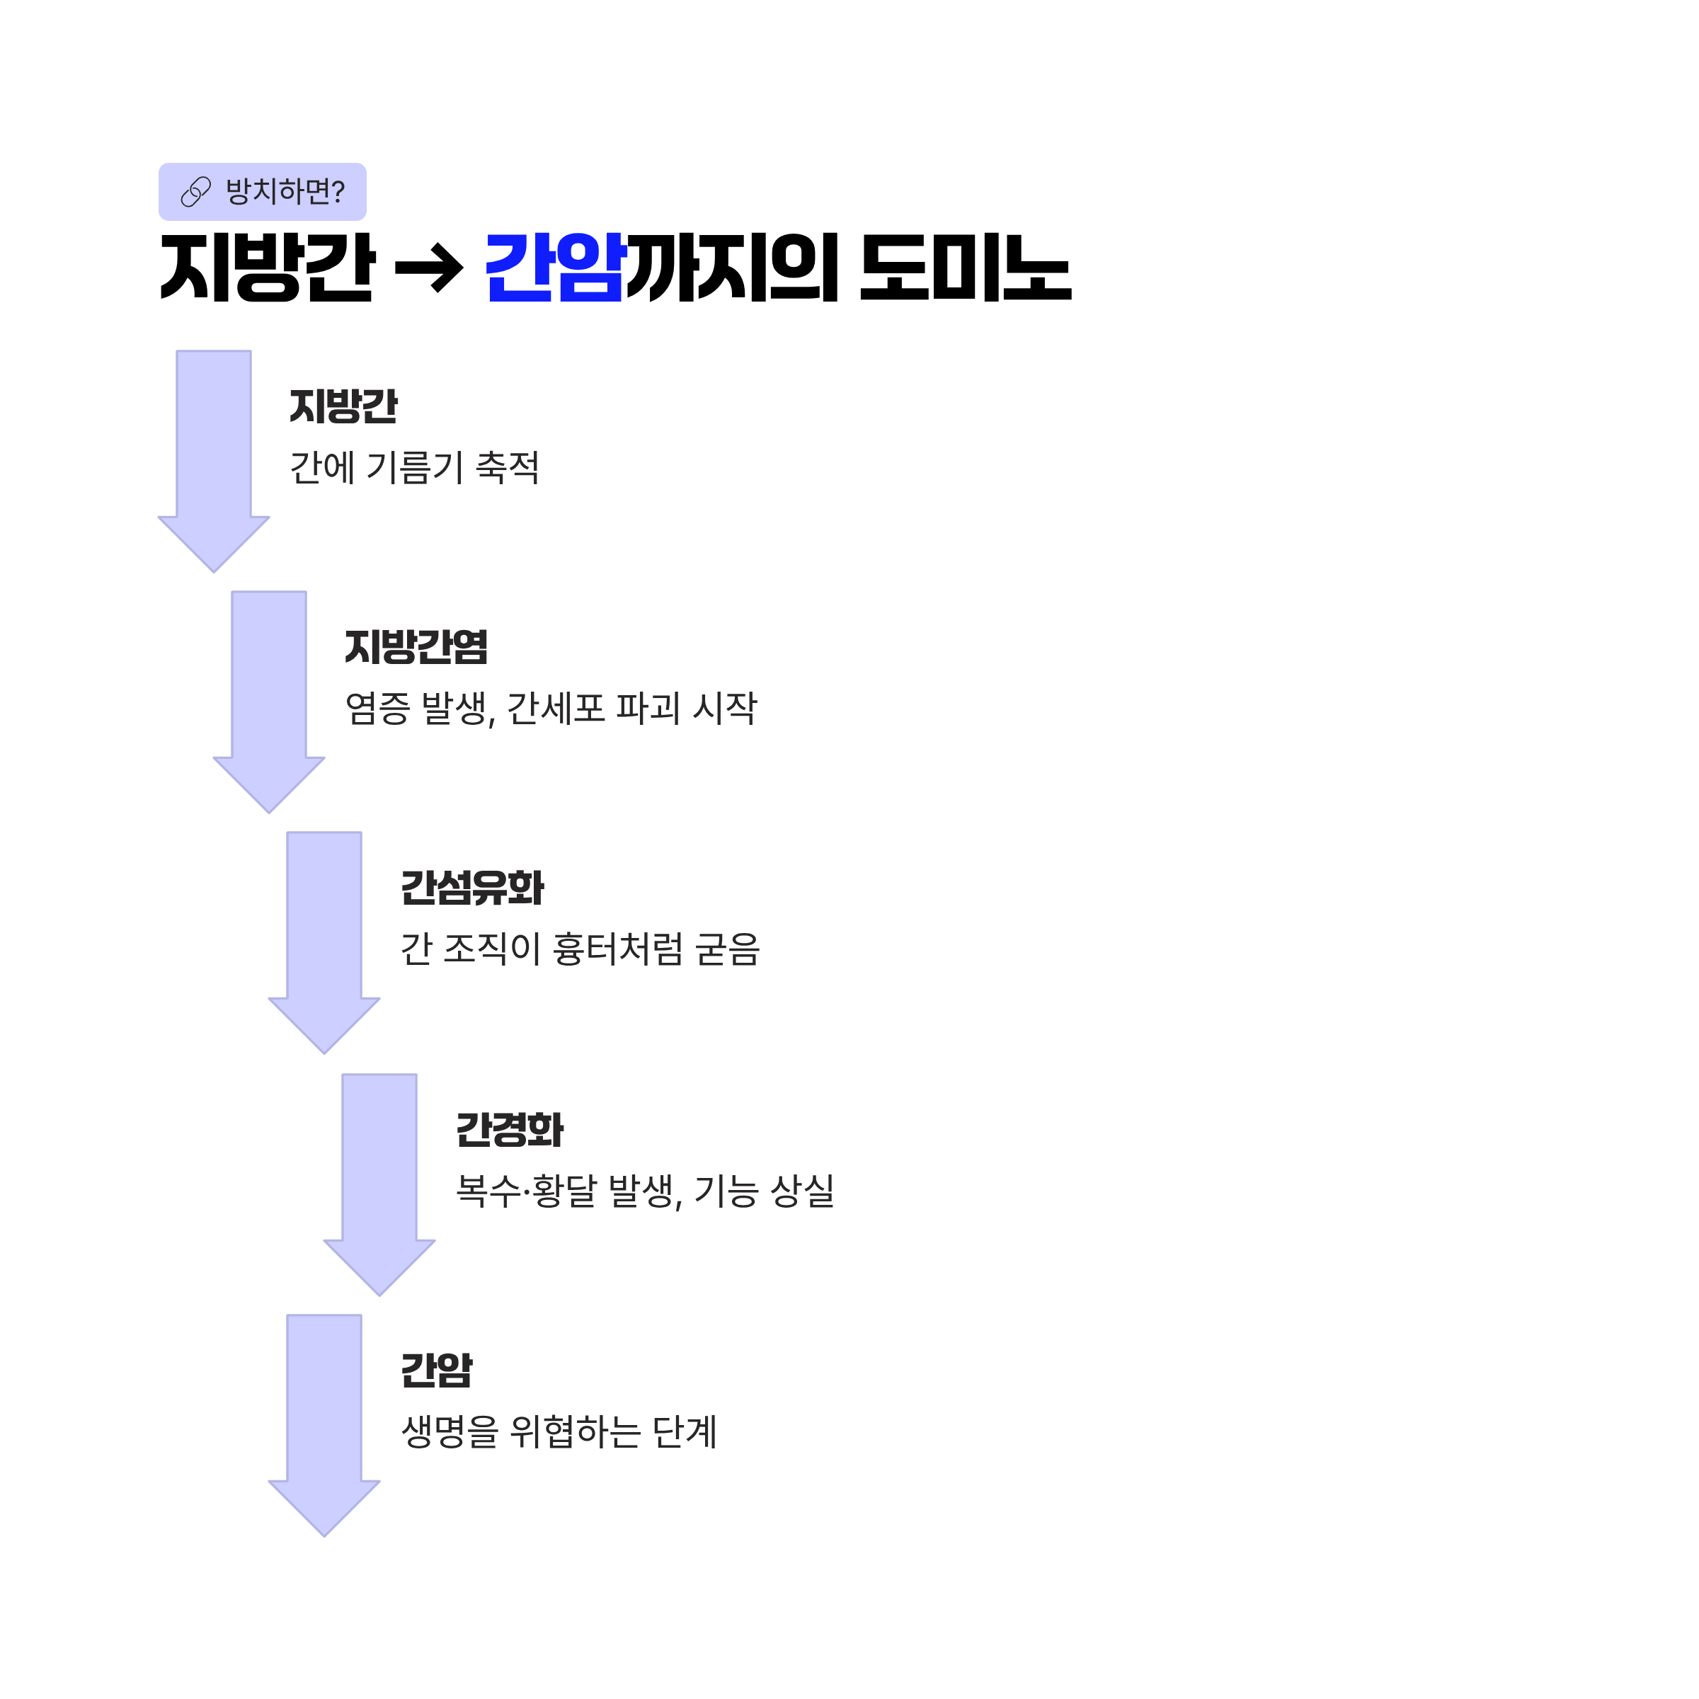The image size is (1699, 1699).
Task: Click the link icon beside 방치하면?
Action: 195,192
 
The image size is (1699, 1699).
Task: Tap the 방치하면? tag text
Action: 285,192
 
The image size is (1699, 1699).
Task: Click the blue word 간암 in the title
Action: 554,268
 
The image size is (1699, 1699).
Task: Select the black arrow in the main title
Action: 429,268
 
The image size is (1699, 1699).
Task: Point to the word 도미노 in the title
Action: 965,268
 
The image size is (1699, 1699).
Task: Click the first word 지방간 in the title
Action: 268,268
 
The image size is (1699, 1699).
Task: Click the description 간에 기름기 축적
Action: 414,467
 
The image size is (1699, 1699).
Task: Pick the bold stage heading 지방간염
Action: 416,647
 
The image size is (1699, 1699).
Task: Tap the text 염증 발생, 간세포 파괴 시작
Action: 551,708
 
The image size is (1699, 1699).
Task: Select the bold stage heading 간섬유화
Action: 472,888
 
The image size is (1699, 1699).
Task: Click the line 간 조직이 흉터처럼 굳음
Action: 580,949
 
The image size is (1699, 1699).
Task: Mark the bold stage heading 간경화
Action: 510,1130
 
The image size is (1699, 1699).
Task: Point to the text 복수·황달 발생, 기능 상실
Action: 645,1191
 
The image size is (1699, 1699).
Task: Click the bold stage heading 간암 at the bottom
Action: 436,1370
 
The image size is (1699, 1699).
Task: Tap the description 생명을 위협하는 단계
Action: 559,1431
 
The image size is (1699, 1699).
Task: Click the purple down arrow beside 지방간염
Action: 269,694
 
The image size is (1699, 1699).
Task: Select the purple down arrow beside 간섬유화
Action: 324,936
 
